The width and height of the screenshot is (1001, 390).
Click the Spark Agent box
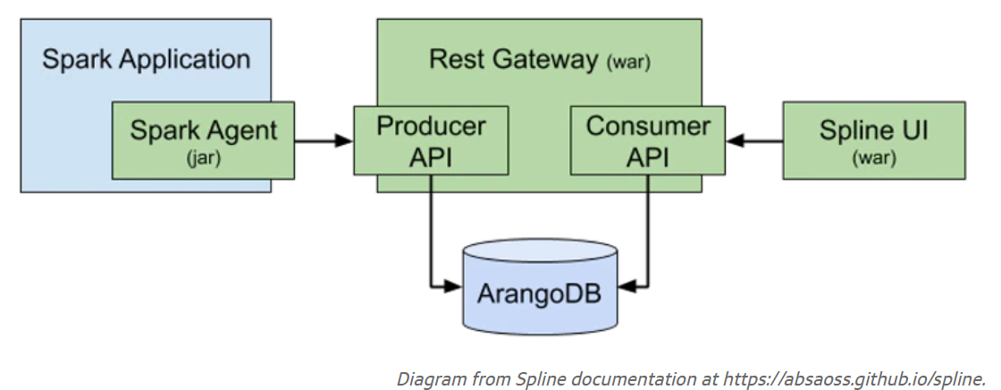click(x=204, y=140)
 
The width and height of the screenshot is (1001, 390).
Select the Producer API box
click(x=431, y=140)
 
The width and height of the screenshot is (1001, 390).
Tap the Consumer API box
click(x=647, y=140)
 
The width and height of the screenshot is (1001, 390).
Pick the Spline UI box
click(x=873, y=140)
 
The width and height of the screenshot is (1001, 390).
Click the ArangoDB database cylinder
click(x=540, y=286)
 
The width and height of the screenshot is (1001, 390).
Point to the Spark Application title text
click(x=147, y=60)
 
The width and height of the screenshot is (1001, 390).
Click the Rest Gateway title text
click(x=514, y=60)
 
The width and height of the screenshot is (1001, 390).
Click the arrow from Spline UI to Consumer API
click(x=754, y=140)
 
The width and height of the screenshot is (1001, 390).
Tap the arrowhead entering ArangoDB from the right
click(x=627, y=286)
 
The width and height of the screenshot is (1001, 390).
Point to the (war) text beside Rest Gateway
click(x=628, y=63)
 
